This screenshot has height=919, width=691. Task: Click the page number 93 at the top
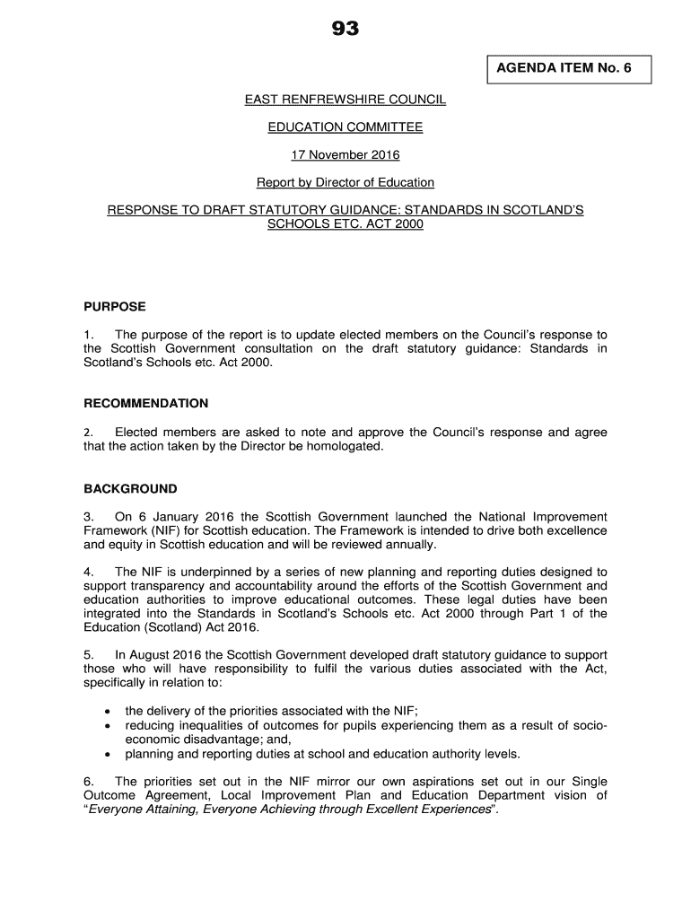tap(345, 30)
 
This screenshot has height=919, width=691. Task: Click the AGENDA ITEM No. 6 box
tap(569, 68)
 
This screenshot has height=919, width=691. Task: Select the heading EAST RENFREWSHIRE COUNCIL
tap(345, 100)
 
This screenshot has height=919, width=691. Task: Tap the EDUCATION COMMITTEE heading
tap(345, 127)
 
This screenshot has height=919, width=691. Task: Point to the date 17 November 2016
tap(345, 155)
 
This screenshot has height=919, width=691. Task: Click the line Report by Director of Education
tap(345, 183)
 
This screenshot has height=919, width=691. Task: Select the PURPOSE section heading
tap(115, 307)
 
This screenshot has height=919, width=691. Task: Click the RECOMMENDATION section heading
tap(146, 404)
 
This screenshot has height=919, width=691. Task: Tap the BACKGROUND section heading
tap(131, 490)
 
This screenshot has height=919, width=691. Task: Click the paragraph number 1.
tap(88, 335)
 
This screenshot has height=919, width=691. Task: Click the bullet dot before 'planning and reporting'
tap(108, 754)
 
